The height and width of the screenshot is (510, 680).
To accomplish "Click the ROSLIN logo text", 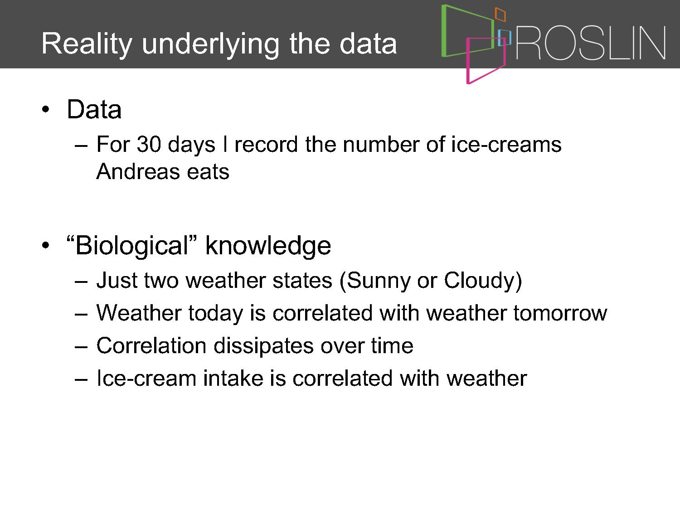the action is pyautogui.click(x=591, y=43).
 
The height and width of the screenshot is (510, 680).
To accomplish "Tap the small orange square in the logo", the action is pyautogui.click(x=500, y=14).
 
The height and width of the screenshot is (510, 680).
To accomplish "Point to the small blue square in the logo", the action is pyautogui.click(x=505, y=38).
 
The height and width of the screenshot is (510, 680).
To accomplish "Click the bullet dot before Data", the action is pyautogui.click(x=45, y=109).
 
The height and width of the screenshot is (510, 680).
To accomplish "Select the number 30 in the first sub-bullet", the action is pyautogui.click(x=149, y=144).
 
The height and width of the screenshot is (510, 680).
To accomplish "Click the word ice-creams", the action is pyautogui.click(x=506, y=144).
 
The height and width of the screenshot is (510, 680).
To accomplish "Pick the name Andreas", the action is pyautogui.click(x=138, y=171).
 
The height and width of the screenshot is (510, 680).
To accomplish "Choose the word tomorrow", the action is pyautogui.click(x=560, y=313).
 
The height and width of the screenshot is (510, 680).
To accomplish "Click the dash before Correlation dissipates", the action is pyautogui.click(x=81, y=348).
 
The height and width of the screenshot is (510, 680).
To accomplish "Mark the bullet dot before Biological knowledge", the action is pyautogui.click(x=45, y=246).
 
